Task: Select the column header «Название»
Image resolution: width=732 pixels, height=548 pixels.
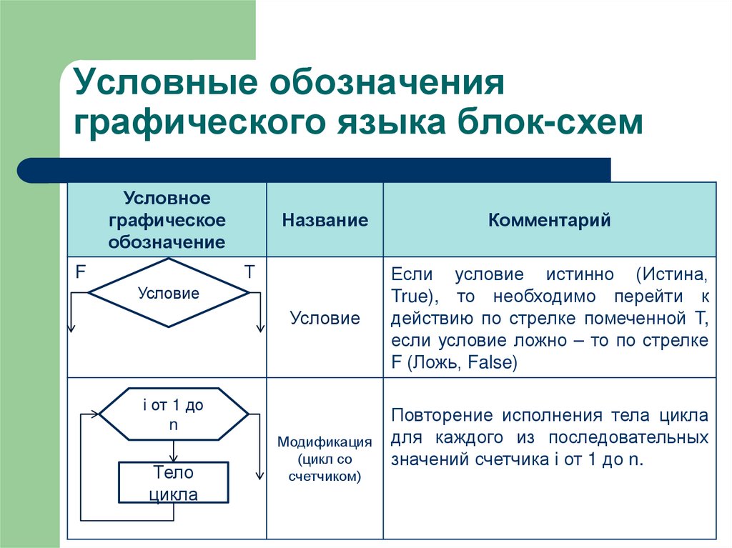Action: click(x=325, y=220)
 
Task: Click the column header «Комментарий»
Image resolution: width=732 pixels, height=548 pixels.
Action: click(x=549, y=220)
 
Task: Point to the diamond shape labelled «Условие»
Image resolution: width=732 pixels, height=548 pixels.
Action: click(x=169, y=293)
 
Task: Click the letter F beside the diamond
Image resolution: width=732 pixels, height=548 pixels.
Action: click(x=81, y=271)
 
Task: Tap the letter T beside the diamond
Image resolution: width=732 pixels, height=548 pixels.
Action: click(x=249, y=271)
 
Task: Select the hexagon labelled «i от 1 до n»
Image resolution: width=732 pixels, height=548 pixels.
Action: click(x=173, y=414)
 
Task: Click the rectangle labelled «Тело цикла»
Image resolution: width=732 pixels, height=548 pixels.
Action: click(x=173, y=483)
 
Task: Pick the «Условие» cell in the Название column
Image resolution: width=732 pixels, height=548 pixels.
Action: click(x=325, y=318)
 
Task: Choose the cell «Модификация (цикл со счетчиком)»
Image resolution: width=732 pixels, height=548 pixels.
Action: click(x=325, y=459)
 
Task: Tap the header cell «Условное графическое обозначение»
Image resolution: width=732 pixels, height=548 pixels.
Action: click(x=167, y=220)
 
